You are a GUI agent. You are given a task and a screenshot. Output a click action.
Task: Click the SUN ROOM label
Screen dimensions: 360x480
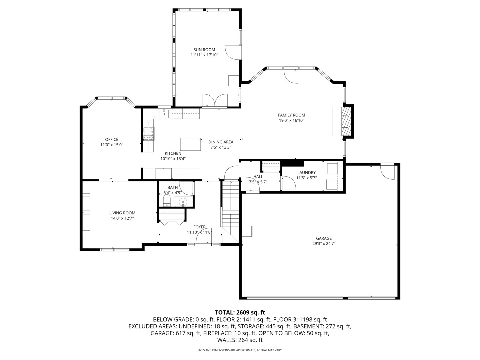pyautogui.click(x=204, y=50)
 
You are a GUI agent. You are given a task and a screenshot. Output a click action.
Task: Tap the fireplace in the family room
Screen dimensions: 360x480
pyautogui.click(x=346, y=121)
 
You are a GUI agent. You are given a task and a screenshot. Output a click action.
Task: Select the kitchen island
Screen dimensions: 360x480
pyautogui.click(x=191, y=144)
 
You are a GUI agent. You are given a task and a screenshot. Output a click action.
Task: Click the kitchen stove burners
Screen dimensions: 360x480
pyautogui.click(x=149, y=133)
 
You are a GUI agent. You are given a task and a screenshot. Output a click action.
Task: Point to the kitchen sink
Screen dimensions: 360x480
pyautogui.click(x=165, y=114)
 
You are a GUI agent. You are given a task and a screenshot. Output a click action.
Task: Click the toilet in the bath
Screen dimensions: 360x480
pyautogui.click(x=167, y=201)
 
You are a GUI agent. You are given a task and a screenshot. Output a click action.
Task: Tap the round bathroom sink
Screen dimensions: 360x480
pyautogui.click(x=183, y=202)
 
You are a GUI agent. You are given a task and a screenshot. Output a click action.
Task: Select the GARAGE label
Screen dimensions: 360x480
pyautogui.click(x=324, y=238)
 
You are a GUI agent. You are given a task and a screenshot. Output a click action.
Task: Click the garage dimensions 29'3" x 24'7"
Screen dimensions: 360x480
pyautogui.click(x=324, y=244)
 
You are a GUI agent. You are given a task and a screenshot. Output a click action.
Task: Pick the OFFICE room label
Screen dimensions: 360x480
pyautogui.click(x=112, y=140)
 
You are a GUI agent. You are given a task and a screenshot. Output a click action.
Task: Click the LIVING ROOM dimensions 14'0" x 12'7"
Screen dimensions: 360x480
pyautogui.click(x=122, y=218)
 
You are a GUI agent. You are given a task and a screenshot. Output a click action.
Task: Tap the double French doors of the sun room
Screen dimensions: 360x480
pyautogui.click(x=215, y=101)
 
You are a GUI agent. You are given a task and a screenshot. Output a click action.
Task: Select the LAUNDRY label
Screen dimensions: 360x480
pyautogui.click(x=306, y=173)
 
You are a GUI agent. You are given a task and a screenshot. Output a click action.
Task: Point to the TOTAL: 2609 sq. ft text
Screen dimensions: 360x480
pyautogui.click(x=240, y=312)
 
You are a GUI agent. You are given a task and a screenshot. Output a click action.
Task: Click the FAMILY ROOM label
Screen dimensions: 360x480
pyautogui.click(x=291, y=115)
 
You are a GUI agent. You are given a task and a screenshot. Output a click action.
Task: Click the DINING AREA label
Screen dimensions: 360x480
pyautogui.click(x=221, y=142)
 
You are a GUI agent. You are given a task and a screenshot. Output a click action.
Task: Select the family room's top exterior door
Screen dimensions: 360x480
pyautogui.click(x=291, y=75)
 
